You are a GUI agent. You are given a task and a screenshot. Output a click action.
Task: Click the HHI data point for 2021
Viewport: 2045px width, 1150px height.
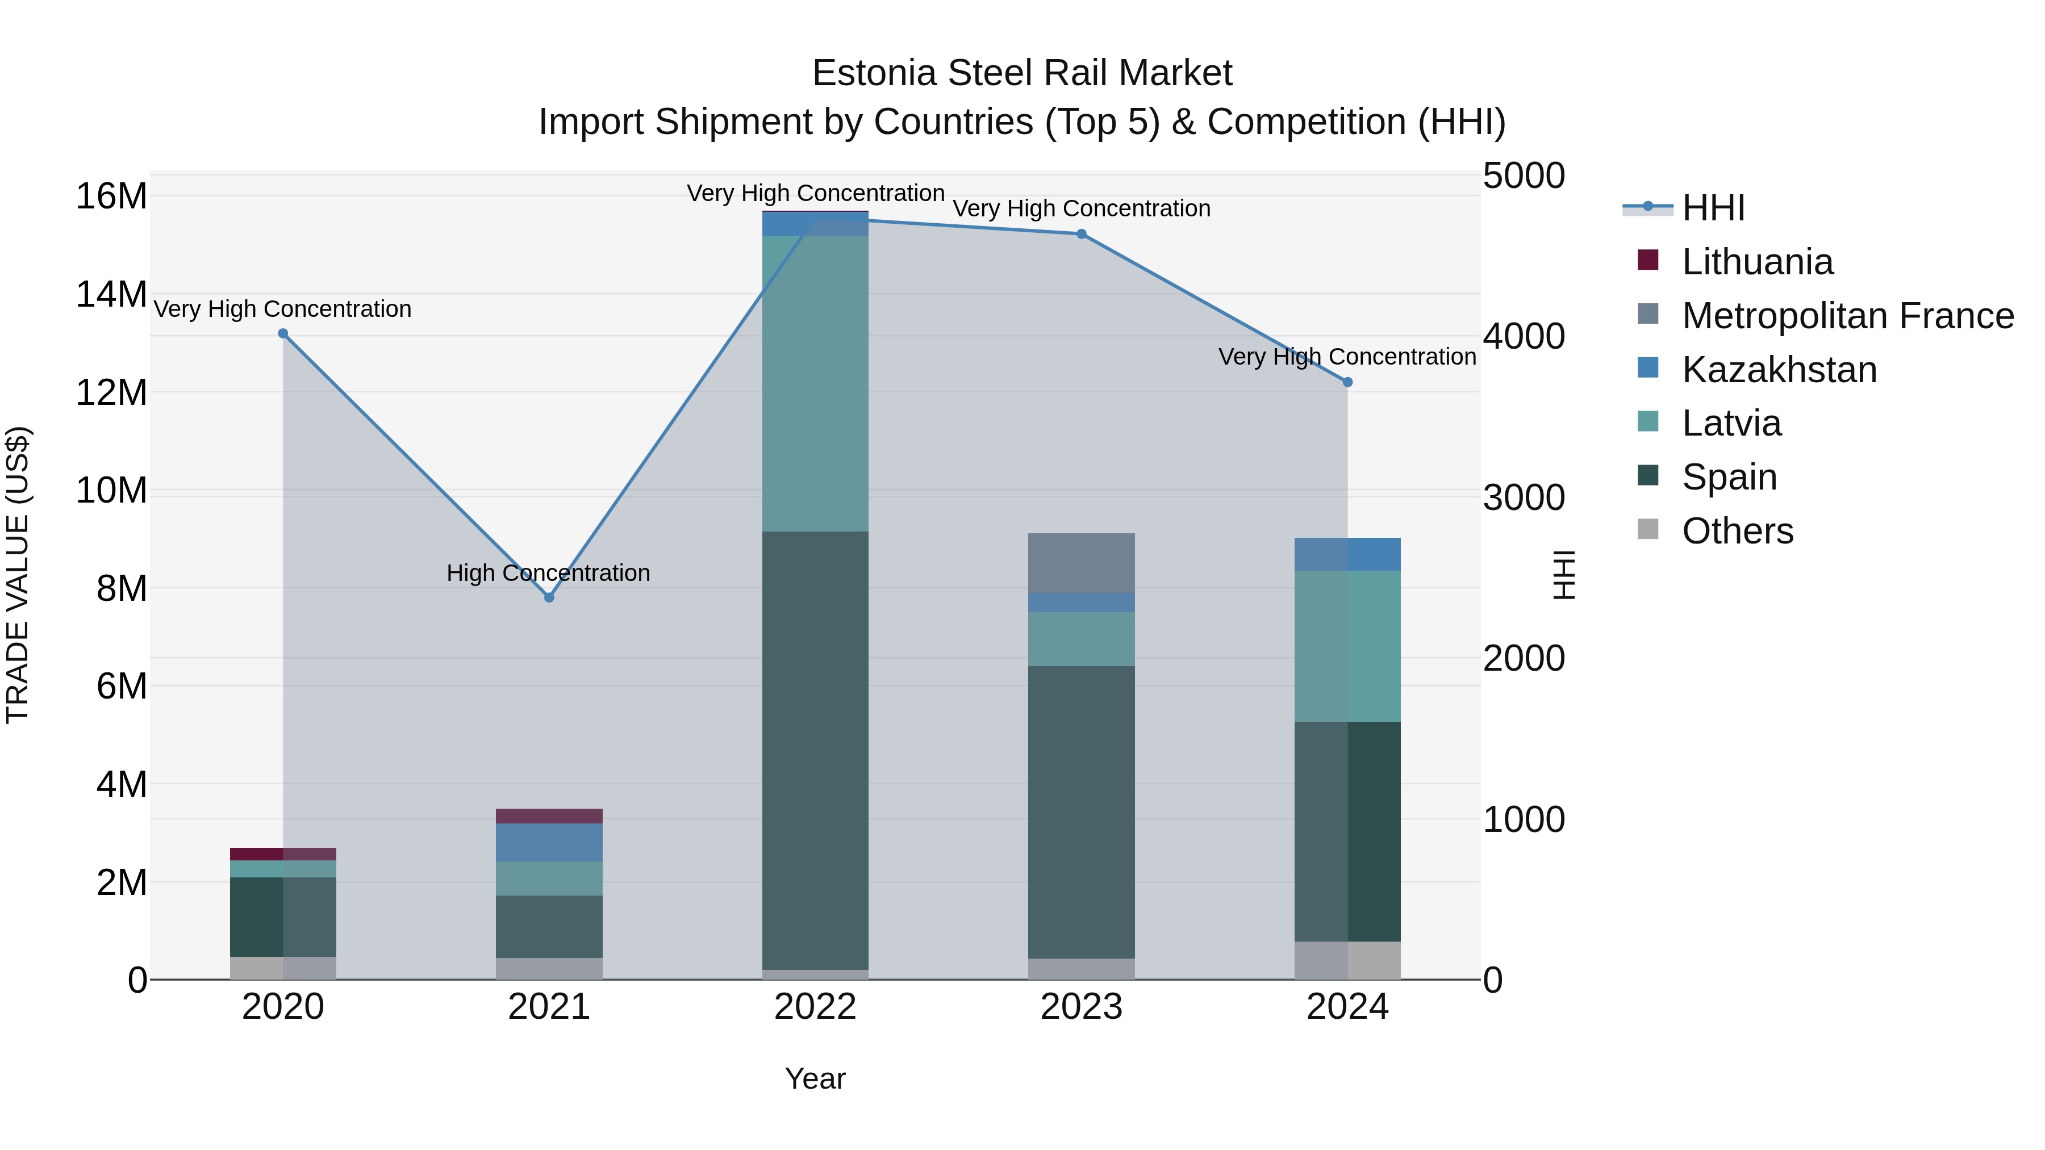[x=549, y=597]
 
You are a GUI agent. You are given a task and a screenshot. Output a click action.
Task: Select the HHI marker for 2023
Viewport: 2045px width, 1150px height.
[x=1080, y=234]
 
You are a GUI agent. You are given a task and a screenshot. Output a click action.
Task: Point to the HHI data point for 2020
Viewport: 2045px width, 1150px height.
[x=283, y=333]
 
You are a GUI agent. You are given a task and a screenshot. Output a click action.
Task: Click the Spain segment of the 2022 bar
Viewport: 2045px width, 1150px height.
[x=815, y=750]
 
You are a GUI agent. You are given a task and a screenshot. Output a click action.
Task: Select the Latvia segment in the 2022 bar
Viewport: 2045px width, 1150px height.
[x=815, y=383]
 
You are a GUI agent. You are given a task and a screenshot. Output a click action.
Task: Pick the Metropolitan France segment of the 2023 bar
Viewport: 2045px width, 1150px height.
[x=1080, y=563]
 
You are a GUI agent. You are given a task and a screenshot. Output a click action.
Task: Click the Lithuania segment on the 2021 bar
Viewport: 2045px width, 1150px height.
[x=549, y=816]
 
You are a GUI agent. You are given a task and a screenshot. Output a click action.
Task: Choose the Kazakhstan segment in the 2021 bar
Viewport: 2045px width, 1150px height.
[x=549, y=842]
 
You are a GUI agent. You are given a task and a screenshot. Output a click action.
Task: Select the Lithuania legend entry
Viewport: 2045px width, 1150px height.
[x=1757, y=262]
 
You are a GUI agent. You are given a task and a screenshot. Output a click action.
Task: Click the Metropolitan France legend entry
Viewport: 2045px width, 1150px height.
[x=1847, y=316]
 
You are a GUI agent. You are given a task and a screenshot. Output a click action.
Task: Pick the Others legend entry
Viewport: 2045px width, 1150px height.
[x=1737, y=531]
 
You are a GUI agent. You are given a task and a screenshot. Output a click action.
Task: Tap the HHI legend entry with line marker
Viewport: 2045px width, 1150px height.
[x=1712, y=208]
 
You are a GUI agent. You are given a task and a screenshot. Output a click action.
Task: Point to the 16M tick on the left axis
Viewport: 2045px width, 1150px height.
[x=111, y=196]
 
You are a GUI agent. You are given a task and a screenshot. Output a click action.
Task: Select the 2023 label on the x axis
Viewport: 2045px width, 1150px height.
[x=1080, y=1007]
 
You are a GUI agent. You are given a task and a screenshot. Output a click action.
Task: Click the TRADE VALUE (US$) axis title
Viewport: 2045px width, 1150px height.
[x=18, y=575]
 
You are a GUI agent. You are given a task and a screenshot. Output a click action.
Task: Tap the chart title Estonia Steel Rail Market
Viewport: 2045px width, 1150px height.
[x=1022, y=73]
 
